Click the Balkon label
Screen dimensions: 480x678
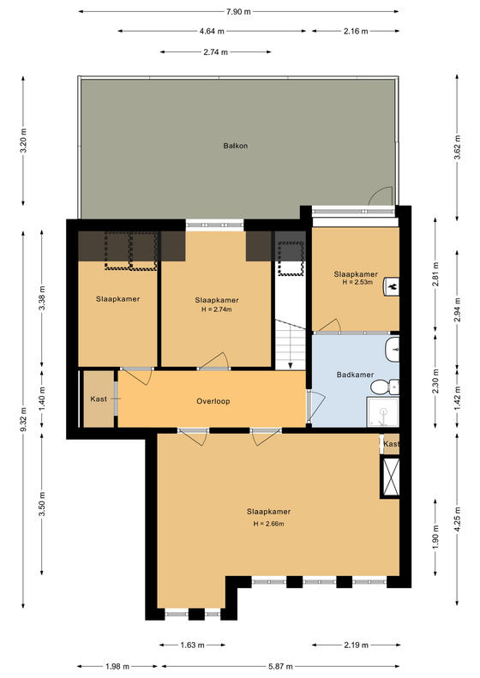click(x=235, y=146)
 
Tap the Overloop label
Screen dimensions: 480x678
click(x=213, y=401)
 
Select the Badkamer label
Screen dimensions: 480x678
click(x=355, y=375)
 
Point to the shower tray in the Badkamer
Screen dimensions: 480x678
click(x=382, y=412)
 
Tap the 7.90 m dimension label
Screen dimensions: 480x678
click(x=238, y=12)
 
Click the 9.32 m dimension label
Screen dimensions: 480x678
click(x=24, y=419)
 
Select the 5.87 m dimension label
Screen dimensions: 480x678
click(x=279, y=666)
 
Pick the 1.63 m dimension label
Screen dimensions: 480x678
click(x=192, y=645)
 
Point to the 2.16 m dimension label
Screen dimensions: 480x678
click(x=356, y=31)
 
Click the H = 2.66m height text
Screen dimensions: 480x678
click(x=268, y=524)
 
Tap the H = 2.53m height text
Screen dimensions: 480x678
click(x=357, y=282)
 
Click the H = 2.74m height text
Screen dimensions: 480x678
click(x=217, y=309)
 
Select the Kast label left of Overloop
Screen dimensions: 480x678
click(x=99, y=399)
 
